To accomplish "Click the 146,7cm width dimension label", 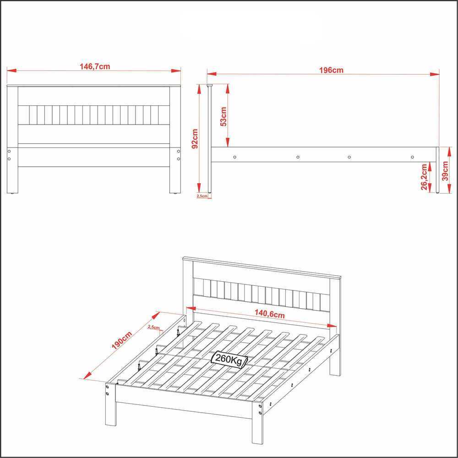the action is (95, 66).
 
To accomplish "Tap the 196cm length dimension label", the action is (331, 70).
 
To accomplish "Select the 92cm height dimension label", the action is (195, 139).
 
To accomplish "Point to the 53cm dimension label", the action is (224, 116).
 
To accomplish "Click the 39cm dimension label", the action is (445, 171).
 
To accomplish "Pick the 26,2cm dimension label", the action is (424, 177).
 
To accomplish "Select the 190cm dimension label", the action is (122, 340).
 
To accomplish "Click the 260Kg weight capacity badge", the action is (229, 359).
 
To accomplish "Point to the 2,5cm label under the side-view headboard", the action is (202, 196).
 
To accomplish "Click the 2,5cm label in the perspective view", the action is (153, 327).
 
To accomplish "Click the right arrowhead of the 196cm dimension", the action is (435, 74).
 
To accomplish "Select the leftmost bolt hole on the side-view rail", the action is (234, 157).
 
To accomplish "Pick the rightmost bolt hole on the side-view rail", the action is (412, 157).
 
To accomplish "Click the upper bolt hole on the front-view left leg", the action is (9, 151).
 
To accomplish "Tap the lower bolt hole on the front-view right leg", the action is (179, 159).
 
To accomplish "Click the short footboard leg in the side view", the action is (437, 170).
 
